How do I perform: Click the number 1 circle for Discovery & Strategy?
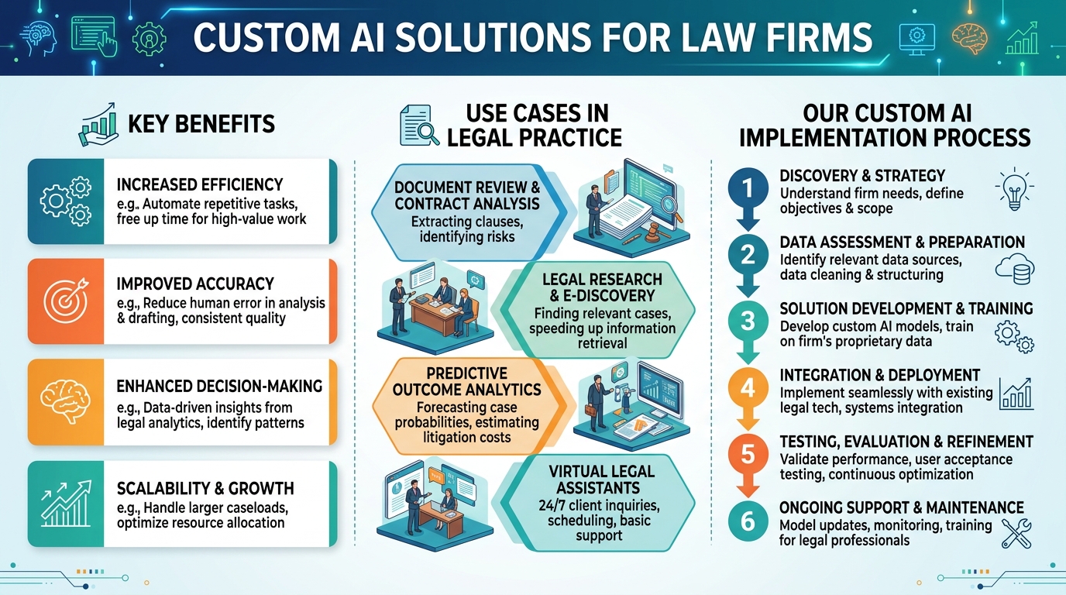point(748,187)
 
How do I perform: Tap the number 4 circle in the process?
point(748,387)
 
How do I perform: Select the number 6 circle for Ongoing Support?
point(748,521)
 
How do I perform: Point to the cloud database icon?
point(1015,269)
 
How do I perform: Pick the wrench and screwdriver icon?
point(1016,533)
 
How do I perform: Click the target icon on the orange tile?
point(66,301)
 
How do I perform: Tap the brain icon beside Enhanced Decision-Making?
point(66,401)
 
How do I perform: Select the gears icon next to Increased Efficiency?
point(66,201)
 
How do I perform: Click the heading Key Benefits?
point(201,124)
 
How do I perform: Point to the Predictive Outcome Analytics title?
point(467,381)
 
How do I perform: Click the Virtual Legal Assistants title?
point(601,480)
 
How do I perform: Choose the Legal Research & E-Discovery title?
point(602,287)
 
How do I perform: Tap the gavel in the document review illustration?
point(655,232)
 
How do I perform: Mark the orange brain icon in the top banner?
point(969,38)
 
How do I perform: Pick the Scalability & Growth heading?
point(205,488)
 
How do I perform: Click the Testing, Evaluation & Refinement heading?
point(906,442)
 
